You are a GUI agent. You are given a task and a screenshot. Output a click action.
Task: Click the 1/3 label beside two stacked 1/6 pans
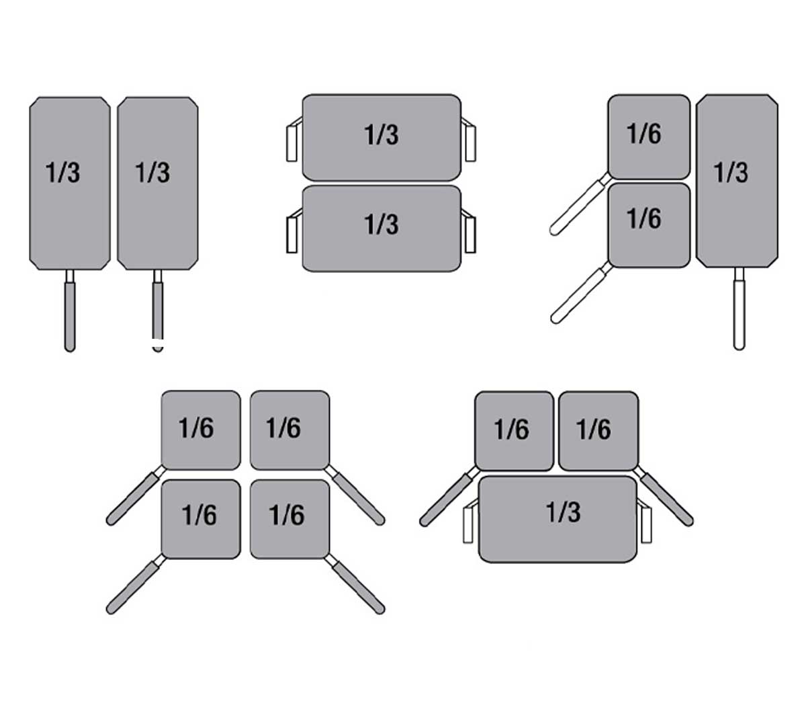731,173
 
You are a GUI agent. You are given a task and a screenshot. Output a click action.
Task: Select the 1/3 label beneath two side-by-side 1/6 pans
563,512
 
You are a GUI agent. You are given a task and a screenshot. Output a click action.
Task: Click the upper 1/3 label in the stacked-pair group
382,134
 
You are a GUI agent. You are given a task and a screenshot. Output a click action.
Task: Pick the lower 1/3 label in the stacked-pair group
382,225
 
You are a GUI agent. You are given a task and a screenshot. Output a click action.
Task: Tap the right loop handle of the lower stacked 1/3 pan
470,233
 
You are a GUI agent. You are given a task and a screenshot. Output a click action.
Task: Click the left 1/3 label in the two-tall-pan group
62,173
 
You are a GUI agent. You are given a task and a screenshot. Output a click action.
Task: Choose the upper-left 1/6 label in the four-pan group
196,428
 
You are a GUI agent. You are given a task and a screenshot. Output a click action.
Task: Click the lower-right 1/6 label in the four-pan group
287,516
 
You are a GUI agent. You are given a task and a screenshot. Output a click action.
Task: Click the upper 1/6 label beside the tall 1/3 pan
644,134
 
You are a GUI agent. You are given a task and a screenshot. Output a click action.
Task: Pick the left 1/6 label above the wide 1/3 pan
511,429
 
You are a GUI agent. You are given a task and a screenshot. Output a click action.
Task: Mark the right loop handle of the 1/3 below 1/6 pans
646,524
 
